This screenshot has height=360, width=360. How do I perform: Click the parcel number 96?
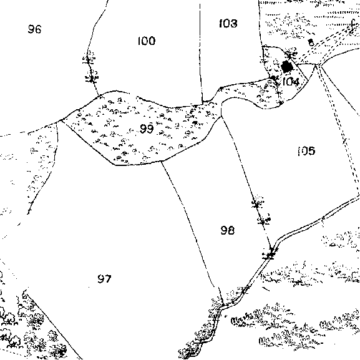(35, 29)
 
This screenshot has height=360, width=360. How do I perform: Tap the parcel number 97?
(104, 279)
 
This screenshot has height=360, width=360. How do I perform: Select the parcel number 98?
(228, 230)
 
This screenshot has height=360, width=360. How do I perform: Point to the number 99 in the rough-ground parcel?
(147, 129)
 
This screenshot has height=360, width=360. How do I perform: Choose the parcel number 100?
(147, 41)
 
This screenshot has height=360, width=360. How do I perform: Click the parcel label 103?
(228, 23)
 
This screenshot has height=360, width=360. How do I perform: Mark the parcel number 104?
(291, 82)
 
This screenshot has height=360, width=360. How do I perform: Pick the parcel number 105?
(306, 151)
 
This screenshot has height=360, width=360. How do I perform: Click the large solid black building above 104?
(287, 67)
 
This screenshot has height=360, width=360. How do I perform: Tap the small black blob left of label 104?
(273, 78)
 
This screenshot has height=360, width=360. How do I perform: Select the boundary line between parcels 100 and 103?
(200, 53)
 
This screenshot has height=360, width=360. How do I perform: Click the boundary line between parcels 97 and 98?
(190, 225)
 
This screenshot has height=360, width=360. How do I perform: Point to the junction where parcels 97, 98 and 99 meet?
(162, 161)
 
